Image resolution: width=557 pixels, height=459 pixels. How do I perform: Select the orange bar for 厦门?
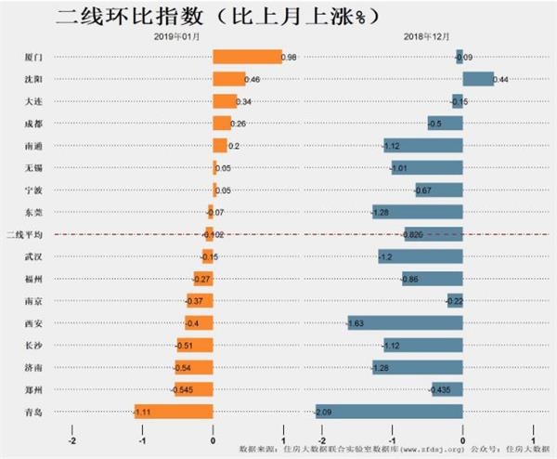(247, 57)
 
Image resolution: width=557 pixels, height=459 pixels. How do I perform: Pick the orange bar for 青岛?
(174, 411)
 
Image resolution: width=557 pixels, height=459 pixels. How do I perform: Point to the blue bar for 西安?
(405, 322)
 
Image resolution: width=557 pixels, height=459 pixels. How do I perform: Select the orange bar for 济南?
(194, 367)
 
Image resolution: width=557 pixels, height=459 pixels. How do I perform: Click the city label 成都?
(33, 124)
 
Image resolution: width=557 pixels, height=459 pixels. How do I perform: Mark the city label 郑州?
(33, 389)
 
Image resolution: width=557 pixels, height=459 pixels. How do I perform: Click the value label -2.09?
(324, 412)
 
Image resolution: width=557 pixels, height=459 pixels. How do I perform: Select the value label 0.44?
(500, 80)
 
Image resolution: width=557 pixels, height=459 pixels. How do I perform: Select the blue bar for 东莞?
(417, 212)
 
